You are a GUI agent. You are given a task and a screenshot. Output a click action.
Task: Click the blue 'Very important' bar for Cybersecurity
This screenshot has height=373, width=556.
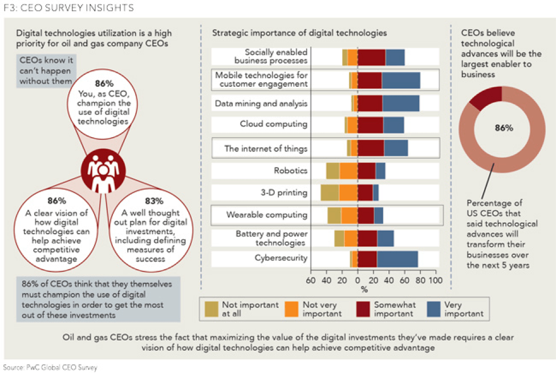point(397,259)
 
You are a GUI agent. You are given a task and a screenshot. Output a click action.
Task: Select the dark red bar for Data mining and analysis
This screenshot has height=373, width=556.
point(370,103)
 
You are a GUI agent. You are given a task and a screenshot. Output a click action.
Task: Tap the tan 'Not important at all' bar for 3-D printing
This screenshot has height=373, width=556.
point(330,192)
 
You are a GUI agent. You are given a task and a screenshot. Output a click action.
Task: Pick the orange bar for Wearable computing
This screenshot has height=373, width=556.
point(349,215)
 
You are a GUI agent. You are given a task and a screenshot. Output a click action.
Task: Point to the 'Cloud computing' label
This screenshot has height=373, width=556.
point(274,124)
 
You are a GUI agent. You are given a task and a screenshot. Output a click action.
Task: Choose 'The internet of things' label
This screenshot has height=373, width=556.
point(266,149)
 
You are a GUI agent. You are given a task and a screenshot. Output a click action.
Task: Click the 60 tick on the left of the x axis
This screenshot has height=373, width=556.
point(311,280)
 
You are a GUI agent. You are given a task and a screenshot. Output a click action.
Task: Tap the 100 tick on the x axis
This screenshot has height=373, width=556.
point(435,280)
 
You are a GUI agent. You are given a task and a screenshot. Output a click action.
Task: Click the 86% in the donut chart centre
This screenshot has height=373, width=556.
point(504,128)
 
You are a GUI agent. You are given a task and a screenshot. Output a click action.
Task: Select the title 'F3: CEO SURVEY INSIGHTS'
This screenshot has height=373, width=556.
point(68,8)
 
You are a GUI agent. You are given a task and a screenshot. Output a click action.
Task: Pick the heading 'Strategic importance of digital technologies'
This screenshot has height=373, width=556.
point(299,33)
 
